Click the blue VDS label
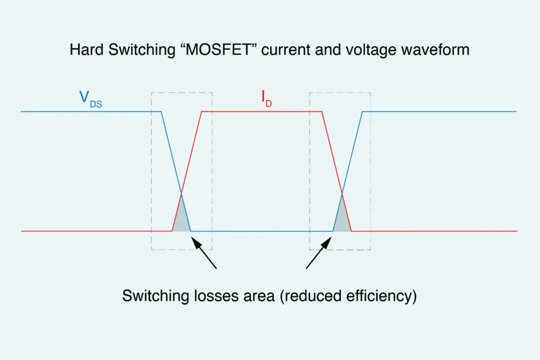[90, 98]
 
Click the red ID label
[266, 98]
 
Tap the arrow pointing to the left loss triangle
[204, 254]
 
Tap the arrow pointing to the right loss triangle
[318, 254]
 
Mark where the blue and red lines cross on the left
[181, 193]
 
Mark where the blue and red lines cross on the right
[342, 193]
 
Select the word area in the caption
[255, 295]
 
